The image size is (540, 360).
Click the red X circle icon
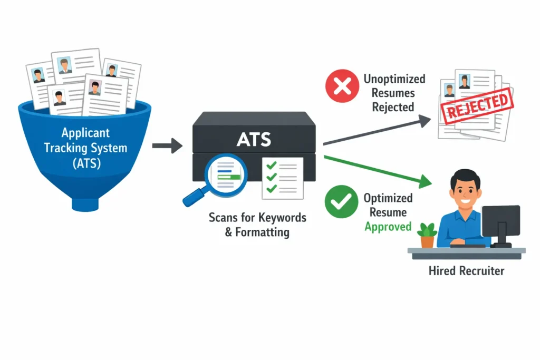pos(342,87)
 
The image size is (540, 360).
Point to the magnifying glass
pos(216,177)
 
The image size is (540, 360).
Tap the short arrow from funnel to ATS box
pos(167,144)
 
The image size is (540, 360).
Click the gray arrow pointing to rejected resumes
pos(377,131)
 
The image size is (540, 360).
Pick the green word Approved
pos(388,227)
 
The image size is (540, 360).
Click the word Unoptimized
pos(394,79)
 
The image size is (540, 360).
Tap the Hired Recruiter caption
pos(466,271)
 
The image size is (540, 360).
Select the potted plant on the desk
pos(427,235)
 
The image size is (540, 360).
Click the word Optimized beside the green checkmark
pos(388,198)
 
